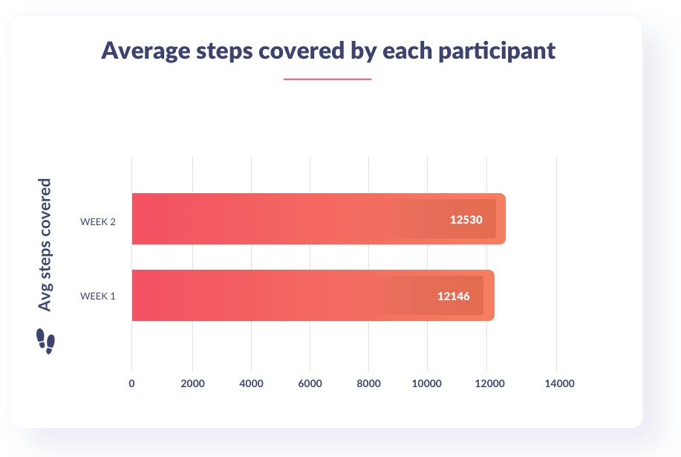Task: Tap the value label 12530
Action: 466,219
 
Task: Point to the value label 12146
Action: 454,296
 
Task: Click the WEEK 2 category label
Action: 97,221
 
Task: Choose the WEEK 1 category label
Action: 97,296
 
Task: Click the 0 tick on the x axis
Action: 131,384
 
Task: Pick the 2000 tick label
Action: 192,384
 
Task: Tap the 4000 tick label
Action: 251,384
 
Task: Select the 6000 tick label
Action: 310,384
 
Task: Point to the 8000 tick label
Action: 368,384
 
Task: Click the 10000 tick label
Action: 427,384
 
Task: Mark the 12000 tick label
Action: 486,384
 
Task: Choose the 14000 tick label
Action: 559,384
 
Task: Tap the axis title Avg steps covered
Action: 45,245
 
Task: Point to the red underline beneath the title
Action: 327,79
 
